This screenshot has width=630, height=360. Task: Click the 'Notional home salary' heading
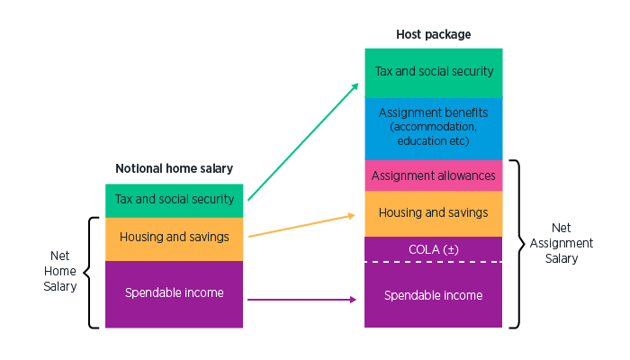[174, 168]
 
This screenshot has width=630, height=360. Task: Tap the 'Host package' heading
[434, 34]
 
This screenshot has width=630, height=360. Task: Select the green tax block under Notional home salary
[175, 201]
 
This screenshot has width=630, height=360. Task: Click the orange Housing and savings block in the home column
[175, 239]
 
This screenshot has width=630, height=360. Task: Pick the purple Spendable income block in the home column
[175, 294]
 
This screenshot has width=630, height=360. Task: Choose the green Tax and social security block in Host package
[434, 73]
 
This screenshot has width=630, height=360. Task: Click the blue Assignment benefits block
[434, 129]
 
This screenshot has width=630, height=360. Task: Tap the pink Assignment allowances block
[434, 175]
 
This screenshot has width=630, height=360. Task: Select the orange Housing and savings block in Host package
[434, 213]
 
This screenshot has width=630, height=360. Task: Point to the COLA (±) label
[434, 249]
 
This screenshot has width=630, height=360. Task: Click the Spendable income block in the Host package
[434, 295]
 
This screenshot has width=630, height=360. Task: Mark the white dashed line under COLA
[434, 262]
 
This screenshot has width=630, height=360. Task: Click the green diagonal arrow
[303, 141]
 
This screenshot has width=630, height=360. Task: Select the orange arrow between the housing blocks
[301, 226]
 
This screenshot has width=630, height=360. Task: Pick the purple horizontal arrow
[301, 300]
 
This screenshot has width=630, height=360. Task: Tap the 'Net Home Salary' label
[60, 271]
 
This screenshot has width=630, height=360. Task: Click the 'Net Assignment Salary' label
[562, 243]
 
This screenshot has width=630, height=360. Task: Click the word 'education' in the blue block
[416, 141]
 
